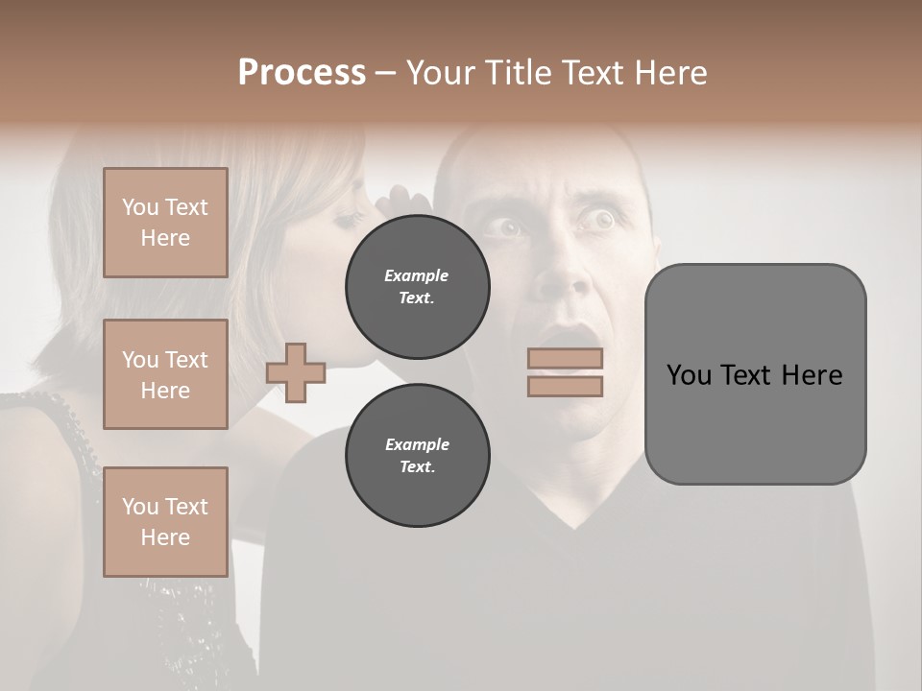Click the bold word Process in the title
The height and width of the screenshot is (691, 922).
302,73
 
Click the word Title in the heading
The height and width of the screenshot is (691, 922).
516,73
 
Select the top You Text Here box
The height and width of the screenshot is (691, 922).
165,223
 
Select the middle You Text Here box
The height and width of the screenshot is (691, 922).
165,374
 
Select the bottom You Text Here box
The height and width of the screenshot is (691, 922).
165,521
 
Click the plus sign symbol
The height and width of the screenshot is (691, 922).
296,372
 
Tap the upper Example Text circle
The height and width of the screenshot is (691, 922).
417,286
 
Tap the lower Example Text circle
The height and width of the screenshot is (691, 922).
417,455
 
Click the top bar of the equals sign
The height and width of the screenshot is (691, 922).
565,358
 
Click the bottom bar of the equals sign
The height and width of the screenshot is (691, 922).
565,386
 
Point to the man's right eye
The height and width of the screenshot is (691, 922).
506,227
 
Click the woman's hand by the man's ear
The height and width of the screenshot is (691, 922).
403,203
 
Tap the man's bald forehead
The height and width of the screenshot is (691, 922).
538,168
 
